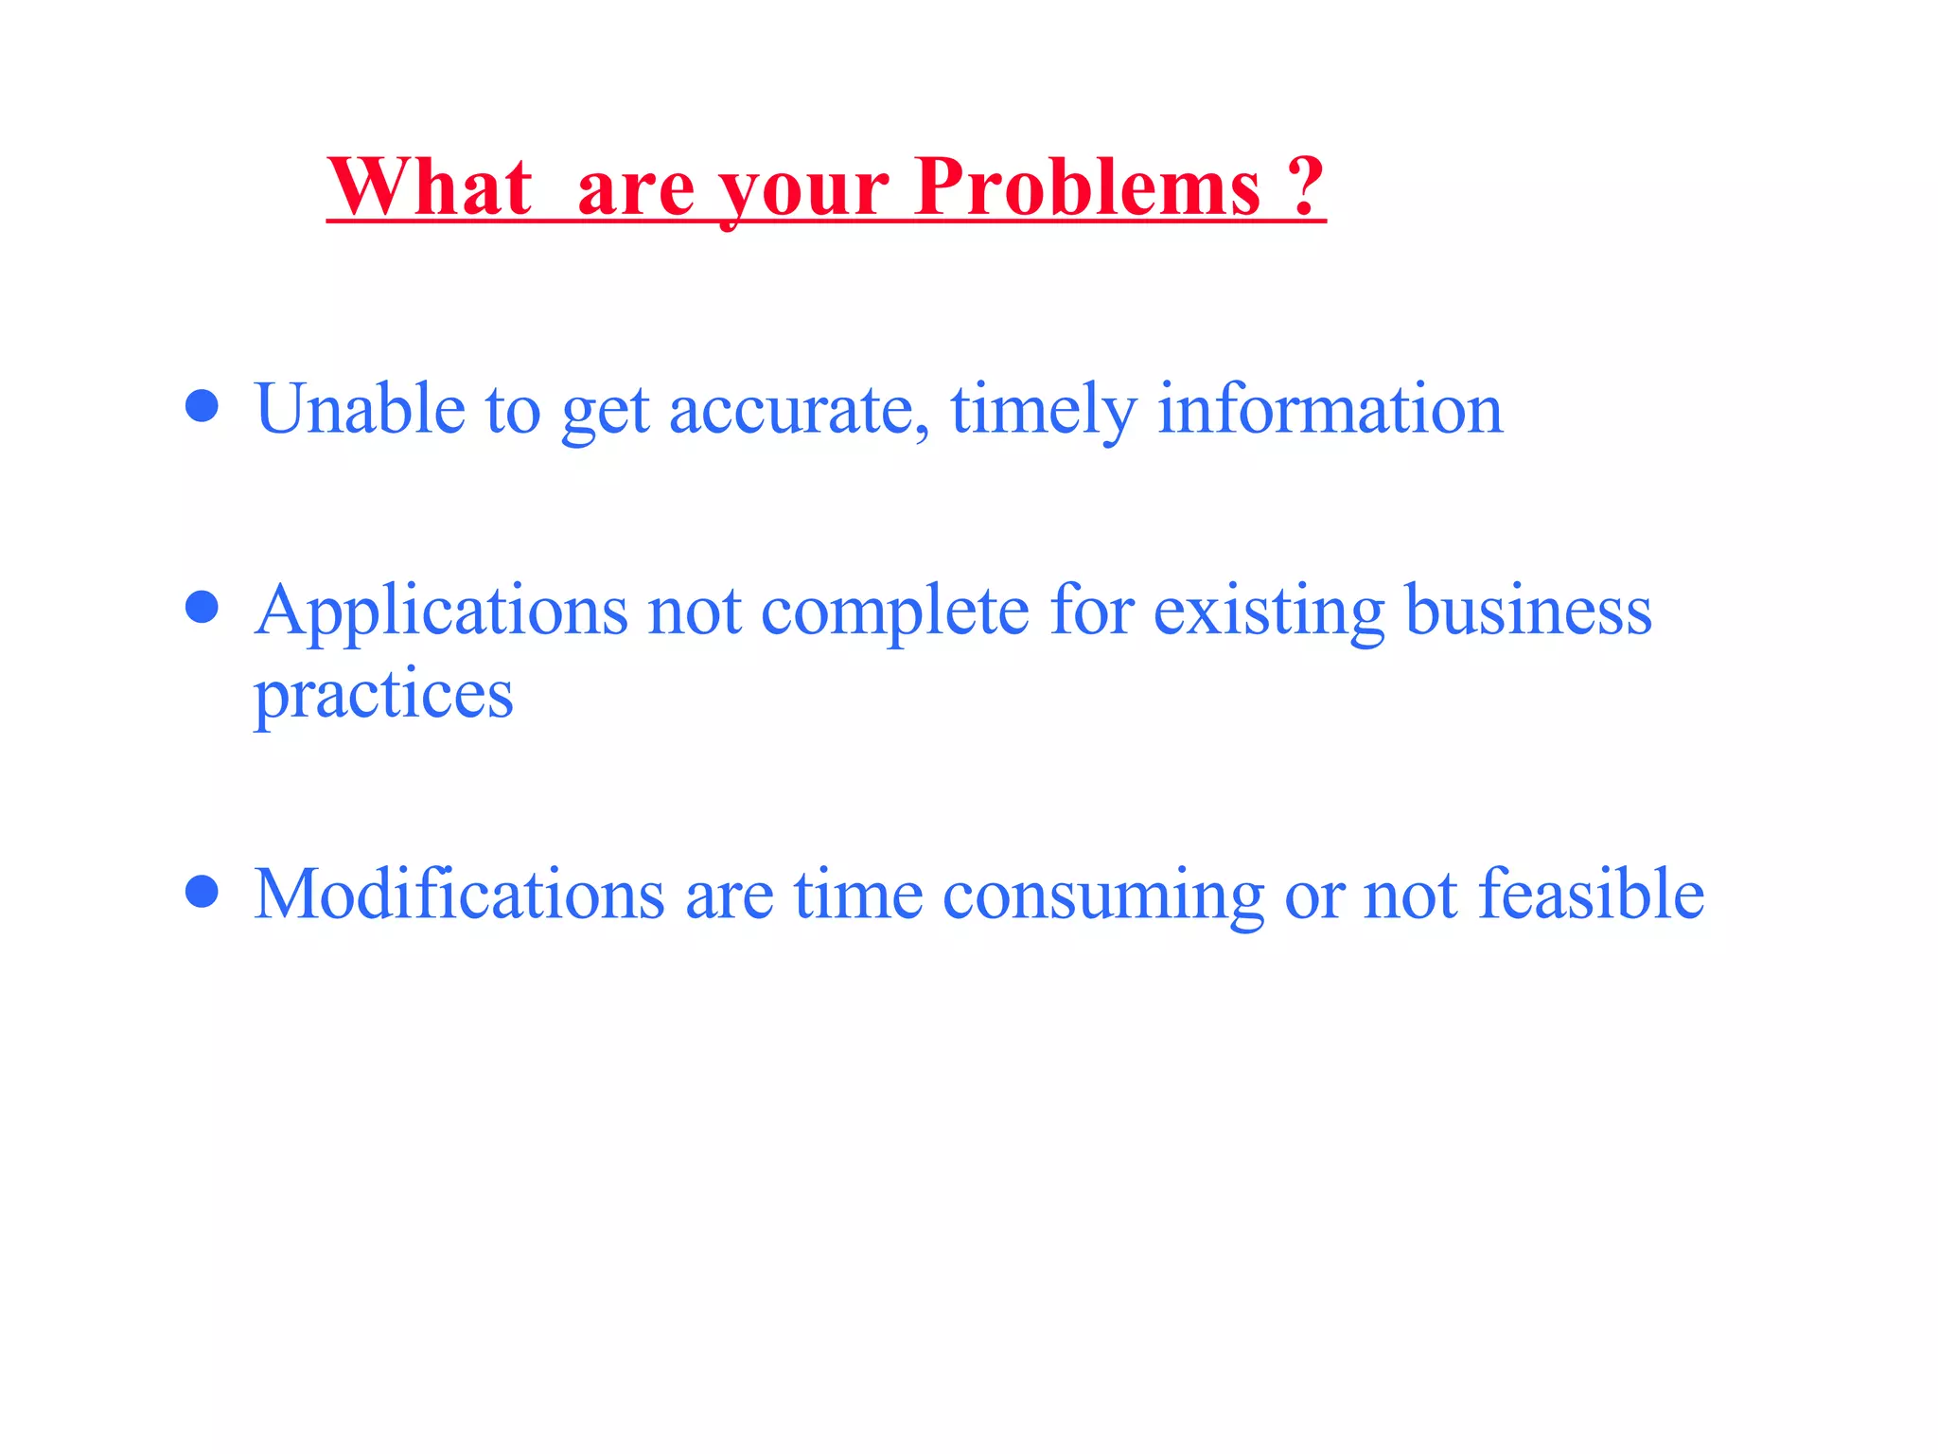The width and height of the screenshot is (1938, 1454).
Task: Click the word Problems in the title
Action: coord(1088,186)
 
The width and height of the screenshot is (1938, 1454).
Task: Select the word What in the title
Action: coord(430,186)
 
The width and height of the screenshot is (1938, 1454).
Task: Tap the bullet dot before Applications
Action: coord(202,607)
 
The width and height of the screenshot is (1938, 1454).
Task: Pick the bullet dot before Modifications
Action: coord(202,891)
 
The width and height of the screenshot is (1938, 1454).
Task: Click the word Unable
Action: coord(360,409)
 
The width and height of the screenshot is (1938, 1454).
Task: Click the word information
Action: coord(1330,409)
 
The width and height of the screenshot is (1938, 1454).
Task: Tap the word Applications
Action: coord(441,612)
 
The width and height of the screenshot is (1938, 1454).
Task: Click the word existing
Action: coord(1269,612)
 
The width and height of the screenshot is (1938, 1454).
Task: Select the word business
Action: coord(1528,610)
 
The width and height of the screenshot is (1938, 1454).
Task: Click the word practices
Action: coord(383,696)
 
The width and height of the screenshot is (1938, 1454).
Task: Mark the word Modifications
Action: coord(460,894)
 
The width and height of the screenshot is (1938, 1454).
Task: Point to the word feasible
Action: coord(1591,894)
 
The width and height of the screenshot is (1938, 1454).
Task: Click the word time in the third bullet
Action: coord(858,894)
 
